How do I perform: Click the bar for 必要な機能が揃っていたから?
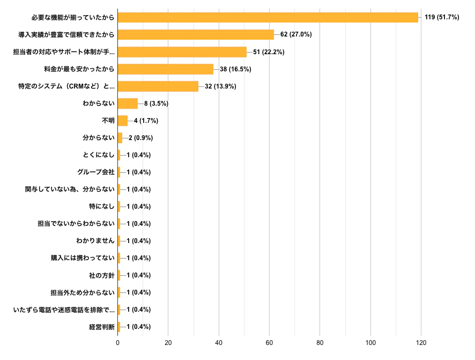268,18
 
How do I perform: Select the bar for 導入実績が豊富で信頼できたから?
196,35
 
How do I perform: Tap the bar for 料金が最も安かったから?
165,69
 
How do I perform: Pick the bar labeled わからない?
128,104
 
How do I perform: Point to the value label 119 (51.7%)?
442,18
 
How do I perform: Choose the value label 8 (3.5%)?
156,104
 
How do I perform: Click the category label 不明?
108,121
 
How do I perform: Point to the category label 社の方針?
102,275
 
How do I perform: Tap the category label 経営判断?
102,327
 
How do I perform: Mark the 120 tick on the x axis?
421,343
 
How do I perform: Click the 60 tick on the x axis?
269,343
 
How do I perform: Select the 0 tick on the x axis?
118,343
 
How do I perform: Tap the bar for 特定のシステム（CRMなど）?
158,86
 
